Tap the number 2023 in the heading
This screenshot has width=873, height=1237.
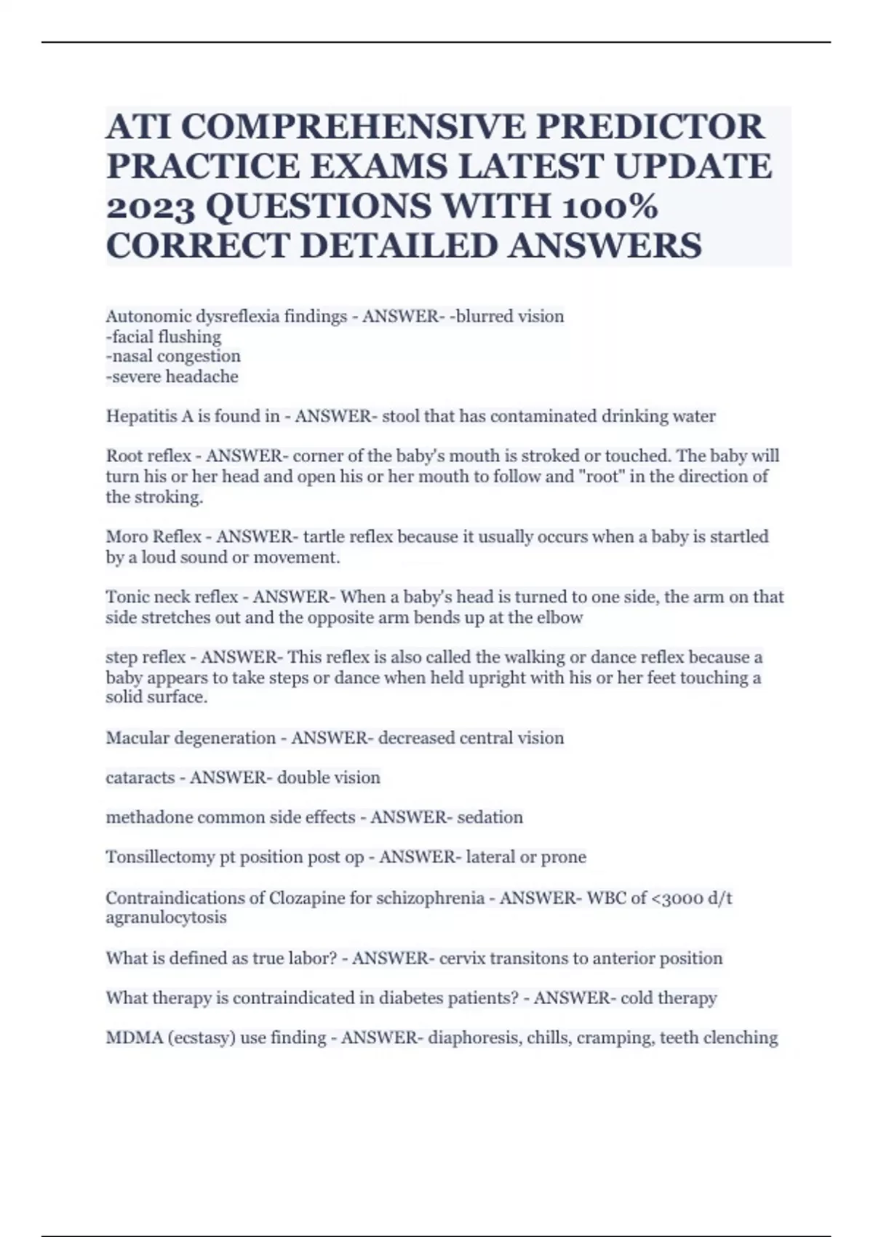(x=151, y=207)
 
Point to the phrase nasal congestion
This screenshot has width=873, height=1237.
(x=173, y=357)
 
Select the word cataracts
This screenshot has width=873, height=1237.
(x=140, y=778)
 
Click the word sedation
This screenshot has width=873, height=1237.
(x=490, y=817)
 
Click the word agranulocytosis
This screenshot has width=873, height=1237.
(x=167, y=918)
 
